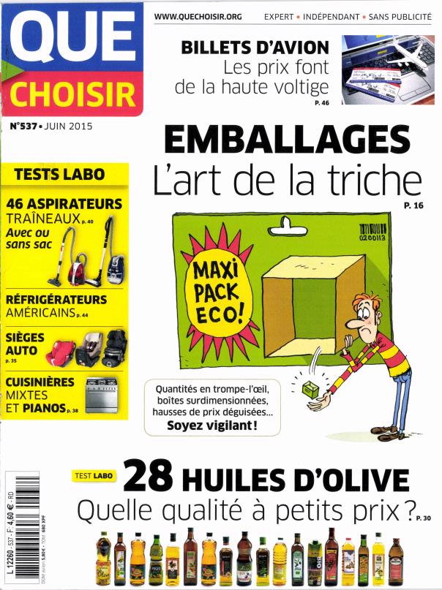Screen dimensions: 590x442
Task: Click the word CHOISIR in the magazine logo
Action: coord(72,94)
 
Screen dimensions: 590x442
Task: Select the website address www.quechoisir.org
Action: coord(198,15)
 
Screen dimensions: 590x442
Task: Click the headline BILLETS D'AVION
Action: coord(255,48)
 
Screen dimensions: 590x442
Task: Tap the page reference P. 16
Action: coord(413,207)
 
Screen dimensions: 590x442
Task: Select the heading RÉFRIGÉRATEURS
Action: coord(56,300)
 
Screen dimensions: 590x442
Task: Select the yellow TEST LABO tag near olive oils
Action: coord(94,475)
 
